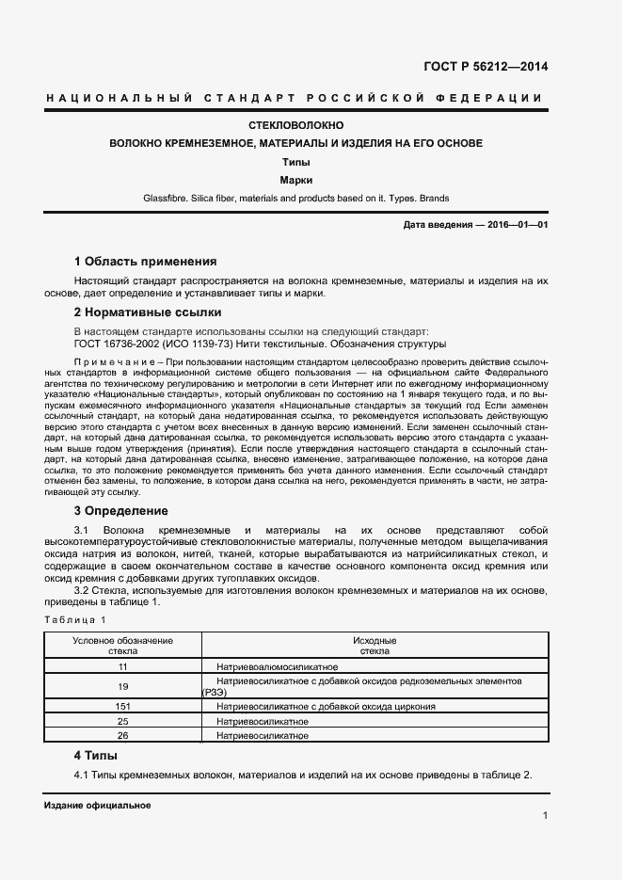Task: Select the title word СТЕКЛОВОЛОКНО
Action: click(x=295, y=125)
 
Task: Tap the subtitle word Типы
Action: click(x=295, y=161)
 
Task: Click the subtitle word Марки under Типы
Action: click(x=295, y=179)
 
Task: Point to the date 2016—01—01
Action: click(x=516, y=226)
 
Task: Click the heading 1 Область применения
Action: click(x=145, y=262)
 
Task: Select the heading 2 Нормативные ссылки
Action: click(x=147, y=312)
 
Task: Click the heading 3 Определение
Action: click(x=120, y=511)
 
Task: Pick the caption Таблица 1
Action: click(x=76, y=619)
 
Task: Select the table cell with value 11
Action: click(x=122, y=666)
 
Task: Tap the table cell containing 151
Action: click(x=122, y=706)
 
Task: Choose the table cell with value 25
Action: click(x=122, y=720)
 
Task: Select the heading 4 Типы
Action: click(x=95, y=755)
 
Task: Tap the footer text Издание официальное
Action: click(x=97, y=806)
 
